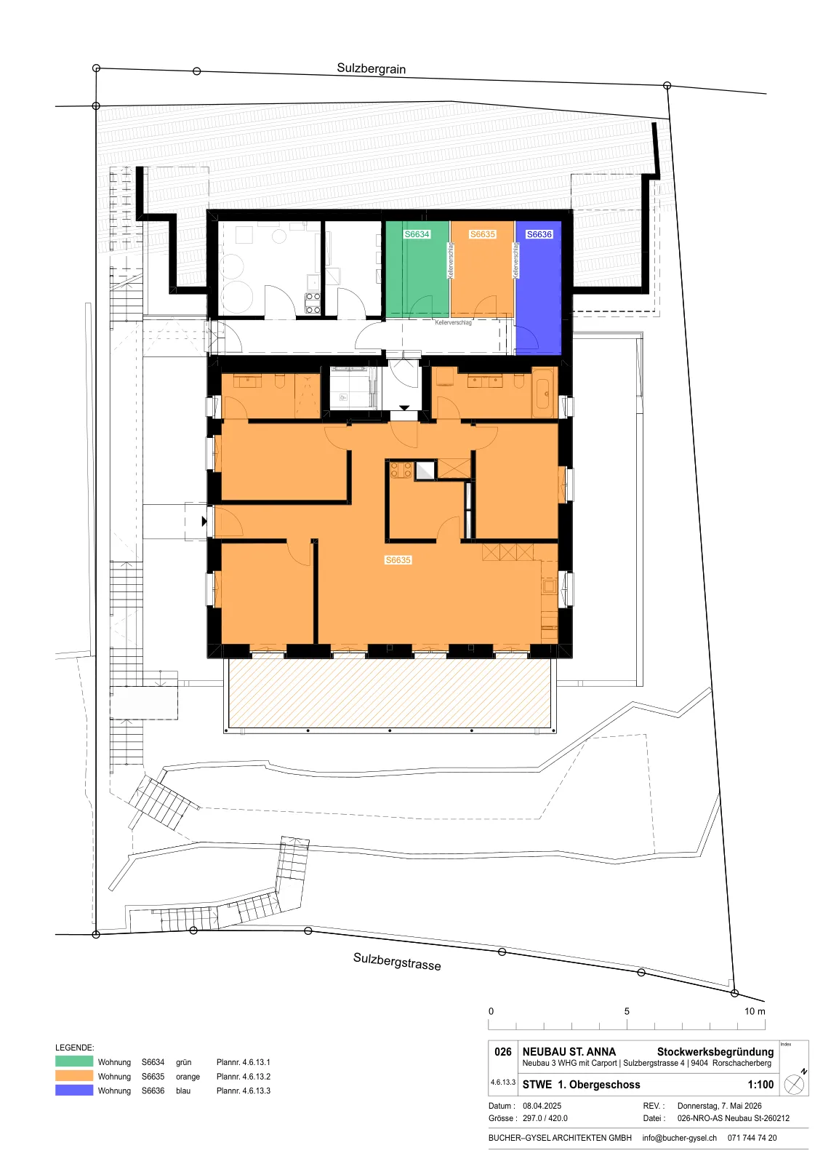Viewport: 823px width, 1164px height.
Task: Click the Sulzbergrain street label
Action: point(371,68)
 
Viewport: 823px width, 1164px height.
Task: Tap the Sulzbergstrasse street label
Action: point(397,961)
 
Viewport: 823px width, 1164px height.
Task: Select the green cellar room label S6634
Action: point(417,234)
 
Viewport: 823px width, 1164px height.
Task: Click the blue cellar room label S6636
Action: point(539,234)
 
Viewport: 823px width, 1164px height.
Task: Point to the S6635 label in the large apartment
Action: point(398,560)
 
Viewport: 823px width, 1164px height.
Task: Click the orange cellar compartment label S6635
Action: point(482,234)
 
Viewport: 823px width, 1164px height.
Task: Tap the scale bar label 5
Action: point(627,1011)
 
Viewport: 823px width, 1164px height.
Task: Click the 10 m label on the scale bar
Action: point(755,1011)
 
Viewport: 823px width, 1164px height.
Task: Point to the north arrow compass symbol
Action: point(795,1083)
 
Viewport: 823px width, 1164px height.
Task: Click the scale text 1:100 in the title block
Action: point(760,1085)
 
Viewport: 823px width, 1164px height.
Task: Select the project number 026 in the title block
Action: point(502,1052)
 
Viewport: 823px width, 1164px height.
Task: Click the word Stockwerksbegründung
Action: point(715,1052)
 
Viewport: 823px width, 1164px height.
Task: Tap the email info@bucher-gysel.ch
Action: point(679,1138)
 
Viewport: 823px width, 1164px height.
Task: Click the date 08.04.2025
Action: point(542,1106)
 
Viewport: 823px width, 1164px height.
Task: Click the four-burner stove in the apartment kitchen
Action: point(401,470)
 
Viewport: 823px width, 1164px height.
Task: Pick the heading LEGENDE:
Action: point(75,1048)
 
